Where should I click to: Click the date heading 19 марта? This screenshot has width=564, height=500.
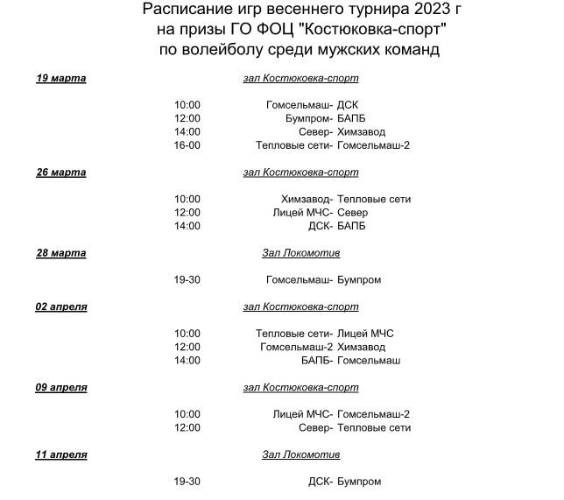click(60, 78)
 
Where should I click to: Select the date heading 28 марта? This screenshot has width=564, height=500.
click(60, 253)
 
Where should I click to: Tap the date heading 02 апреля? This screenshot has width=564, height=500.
click(60, 307)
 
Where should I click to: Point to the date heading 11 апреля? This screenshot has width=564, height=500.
click(60, 454)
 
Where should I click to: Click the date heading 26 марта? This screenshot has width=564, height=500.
click(60, 173)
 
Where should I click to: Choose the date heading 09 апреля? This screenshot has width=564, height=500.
click(60, 387)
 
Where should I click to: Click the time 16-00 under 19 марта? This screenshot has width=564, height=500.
click(187, 145)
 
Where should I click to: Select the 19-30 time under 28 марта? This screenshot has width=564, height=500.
click(187, 280)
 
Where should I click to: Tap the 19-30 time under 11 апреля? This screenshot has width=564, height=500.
click(187, 482)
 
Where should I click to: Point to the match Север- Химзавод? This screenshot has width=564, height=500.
click(335, 132)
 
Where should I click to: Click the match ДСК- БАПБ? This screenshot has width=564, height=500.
click(337, 226)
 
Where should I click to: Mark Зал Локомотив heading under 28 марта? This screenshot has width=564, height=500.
click(300, 253)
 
